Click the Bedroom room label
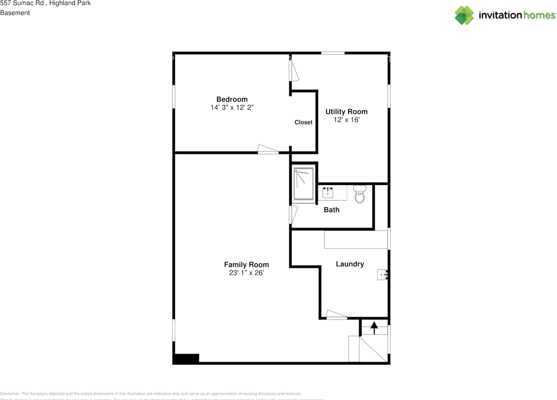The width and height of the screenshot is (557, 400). tap(232, 99)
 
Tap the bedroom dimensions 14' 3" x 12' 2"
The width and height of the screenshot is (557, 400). tap(232, 107)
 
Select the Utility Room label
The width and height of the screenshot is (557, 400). tap(346, 112)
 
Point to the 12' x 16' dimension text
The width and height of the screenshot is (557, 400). tap(346, 120)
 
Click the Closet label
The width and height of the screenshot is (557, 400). tap(303, 122)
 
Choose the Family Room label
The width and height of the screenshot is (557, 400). tap(246, 264)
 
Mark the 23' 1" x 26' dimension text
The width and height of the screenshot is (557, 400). tap(246, 273)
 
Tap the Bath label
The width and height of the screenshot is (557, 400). tap(332, 210)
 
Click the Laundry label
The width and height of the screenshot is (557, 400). tap(350, 264)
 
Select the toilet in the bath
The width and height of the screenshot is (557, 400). tap(359, 194)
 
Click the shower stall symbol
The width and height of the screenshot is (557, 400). tap(303, 184)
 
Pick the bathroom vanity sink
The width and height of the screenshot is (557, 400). tap(328, 192)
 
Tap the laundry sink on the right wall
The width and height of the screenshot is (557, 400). tap(382, 275)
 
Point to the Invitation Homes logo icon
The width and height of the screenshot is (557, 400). tap(464, 15)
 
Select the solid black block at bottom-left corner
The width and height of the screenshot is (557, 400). tap(186, 359)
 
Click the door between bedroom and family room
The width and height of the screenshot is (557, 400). tap(268, 149)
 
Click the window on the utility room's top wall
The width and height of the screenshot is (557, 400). tap(333, 53)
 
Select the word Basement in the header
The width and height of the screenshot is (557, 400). tap(15, 13)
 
